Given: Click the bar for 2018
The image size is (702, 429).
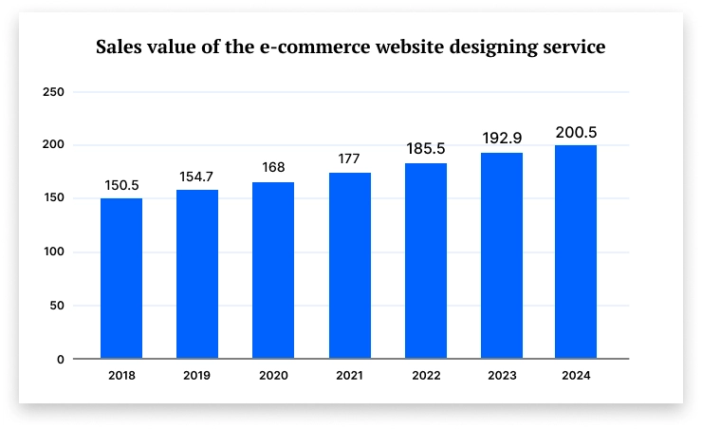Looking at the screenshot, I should click(x=121, y=278).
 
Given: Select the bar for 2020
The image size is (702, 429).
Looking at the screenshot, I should click(x=273, y=270).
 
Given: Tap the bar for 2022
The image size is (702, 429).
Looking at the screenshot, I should click(x=425, y=261).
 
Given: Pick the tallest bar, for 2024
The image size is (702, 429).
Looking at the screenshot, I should click(x=576, y=252).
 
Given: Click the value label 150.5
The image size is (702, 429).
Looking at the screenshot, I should click(x=121, y=184).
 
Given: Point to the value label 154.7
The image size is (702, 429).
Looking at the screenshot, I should click(x=197, y=177).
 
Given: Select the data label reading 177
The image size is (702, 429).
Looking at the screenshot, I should click(x=349, y=159).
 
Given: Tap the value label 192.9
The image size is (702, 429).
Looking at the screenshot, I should click(x=501, y=139).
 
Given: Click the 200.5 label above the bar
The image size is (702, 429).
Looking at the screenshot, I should click(x=576, y=132).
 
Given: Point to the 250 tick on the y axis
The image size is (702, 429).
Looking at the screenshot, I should click(x=54, y=92).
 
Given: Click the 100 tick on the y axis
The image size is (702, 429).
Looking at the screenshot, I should click(x=54, y=252).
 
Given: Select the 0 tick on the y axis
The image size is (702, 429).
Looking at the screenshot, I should click(x=61, y=360).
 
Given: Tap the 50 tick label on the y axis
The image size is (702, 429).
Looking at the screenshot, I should click(x=57, y=306).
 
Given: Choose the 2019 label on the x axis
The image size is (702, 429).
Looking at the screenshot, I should click(x=197, y=376).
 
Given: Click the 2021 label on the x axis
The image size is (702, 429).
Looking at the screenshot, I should click(x=349, y=376).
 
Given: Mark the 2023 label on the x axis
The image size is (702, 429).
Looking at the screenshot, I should click(x=501, y=376).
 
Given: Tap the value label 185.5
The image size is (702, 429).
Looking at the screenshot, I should click(x=425, y=149).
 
